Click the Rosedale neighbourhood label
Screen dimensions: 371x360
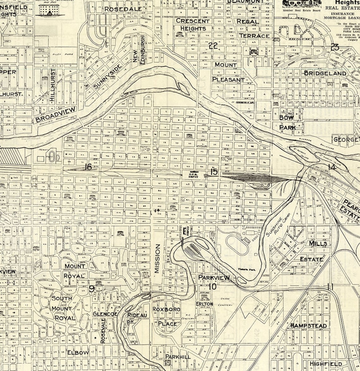123,9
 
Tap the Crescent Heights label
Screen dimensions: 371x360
193,25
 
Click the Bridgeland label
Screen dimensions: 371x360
325,73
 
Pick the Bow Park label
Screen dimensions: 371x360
287,122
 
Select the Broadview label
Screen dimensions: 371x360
56,114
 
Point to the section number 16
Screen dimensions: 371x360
88,167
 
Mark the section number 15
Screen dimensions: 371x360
214,172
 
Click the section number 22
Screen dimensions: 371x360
213,45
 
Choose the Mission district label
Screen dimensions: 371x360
158,258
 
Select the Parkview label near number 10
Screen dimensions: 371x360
214,278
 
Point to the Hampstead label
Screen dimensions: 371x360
309,326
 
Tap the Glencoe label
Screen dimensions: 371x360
105,314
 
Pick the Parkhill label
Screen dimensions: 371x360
178,356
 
